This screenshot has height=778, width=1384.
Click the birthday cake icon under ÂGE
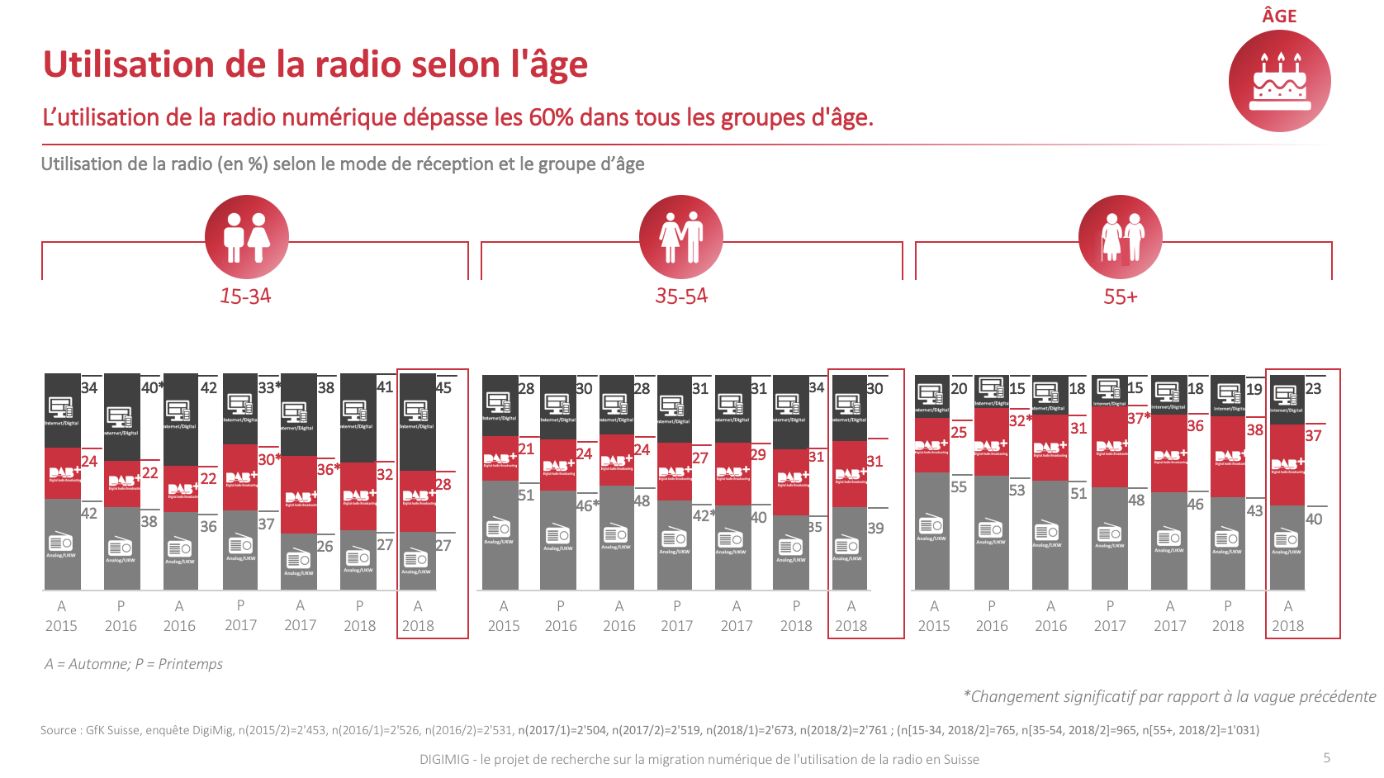pyautogui.click(x=1280, y=81)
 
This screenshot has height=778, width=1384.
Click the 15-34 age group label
pyautogui.click(x=245, y=296)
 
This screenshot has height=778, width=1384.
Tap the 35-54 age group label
pyautogui.click(x=681, y=296)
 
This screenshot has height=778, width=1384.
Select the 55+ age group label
pyautogui.click(x=1121, y=297)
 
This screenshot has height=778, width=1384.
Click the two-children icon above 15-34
pyautogui.click(x=247, y=237)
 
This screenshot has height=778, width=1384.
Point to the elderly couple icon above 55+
pyautogui.click(x=1121, y=237)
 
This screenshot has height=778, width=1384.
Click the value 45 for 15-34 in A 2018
pyautogui.click(x=443, y=388)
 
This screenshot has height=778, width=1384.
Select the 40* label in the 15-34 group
pyautogui.click(x=152, y=388)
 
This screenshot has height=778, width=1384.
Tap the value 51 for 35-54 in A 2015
pyautogui.click(x=526, y=496)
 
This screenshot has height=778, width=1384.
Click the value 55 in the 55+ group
pyautogui.click(x=959, y=487)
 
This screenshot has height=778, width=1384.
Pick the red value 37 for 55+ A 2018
pyautogui.click(x=1313, y=435)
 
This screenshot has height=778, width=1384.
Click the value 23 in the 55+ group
pyautogui.click(x=1313, y=389)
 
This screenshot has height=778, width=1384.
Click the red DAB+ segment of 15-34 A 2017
pyautogui.click(x=299, y=494)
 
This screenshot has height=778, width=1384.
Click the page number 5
pyautogui.click(x=1326, y=757)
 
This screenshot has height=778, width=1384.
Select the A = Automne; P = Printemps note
pyautogui.click(x=134, y=664)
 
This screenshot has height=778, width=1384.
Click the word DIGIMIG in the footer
pyautogui.click(x=444, y=759)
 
